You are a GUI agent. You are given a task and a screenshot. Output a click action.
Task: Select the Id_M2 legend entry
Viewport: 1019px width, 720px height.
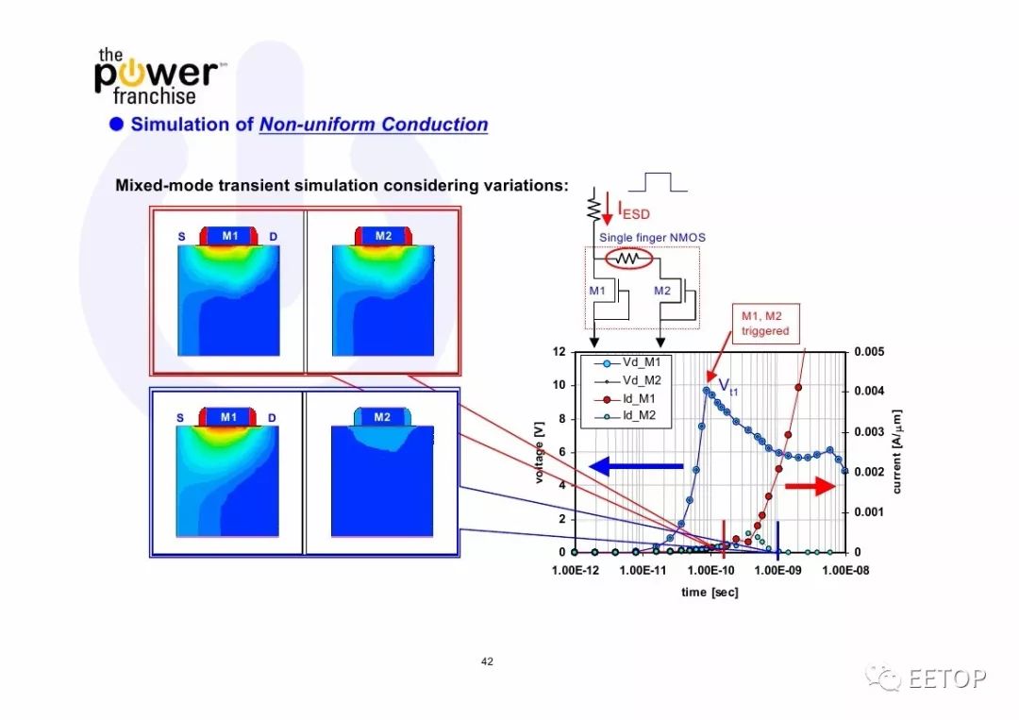tap(626, 416)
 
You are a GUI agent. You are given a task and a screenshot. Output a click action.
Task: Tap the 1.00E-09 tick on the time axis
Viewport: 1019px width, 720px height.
tap(777, 571)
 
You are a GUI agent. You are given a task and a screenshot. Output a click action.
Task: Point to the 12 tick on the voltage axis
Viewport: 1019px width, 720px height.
tap(559, 352)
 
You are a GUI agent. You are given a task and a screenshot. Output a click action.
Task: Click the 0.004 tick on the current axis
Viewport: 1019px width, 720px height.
tap(869, 392)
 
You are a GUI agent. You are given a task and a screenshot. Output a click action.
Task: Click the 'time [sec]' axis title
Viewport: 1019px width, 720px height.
tap(710, 592)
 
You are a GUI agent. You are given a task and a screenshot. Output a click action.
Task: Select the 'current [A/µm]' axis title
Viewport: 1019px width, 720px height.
tap(897, 452)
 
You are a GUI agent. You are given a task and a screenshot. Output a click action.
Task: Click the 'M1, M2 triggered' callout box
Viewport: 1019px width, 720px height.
tap(765, 324)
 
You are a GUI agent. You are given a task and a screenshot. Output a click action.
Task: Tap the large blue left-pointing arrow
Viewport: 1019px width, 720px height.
tap(636, 466)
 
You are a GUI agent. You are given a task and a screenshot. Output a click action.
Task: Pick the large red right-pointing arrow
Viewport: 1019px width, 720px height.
tap(810, 486)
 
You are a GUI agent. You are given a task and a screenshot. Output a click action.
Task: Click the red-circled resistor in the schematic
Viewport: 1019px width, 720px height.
tap(629, 260)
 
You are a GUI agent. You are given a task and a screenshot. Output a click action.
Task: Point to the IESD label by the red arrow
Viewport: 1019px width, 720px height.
tap(634, 210)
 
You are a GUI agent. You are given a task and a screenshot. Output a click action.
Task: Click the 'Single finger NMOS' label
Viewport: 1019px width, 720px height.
tap(652, 238)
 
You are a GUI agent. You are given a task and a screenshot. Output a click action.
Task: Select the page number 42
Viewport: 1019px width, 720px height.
tap(488, 661)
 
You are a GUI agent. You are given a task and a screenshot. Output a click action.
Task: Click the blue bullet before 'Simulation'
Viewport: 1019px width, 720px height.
tap(116, 125)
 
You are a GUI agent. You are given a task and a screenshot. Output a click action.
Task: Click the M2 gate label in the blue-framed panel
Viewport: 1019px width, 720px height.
tap(382, 417)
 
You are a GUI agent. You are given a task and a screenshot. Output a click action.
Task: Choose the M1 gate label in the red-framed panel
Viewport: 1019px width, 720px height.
tap(230, 236)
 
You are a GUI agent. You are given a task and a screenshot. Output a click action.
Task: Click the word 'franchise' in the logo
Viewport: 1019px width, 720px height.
tap(154, 96)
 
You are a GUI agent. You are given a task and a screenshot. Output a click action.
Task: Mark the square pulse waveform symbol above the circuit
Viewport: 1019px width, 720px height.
tap(658, 183)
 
